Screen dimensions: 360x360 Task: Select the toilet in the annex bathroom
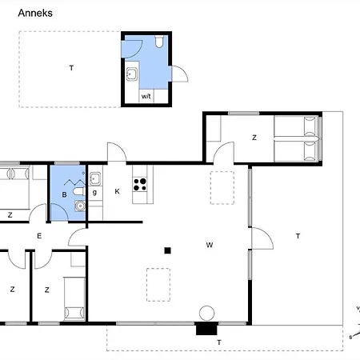(x=160, y=41)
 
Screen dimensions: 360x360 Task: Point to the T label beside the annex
(x=71, y=69)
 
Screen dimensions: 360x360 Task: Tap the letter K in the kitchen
(x=117, y=191)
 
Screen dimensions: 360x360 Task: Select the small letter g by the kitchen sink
(x=94, y=192)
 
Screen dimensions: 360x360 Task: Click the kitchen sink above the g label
(x=94, y=178)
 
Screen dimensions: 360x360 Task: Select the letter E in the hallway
(x=38, y=235)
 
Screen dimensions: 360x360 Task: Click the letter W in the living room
(x=208, y=244)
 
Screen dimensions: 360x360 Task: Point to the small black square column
(x=167, y=250)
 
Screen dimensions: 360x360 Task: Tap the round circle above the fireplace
(x=207, y=313)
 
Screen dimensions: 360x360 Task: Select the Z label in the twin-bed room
(x=254, y=138)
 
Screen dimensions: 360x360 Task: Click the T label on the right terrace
(x=297, y=235)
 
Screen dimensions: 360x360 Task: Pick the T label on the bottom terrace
(x=218, y=342)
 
